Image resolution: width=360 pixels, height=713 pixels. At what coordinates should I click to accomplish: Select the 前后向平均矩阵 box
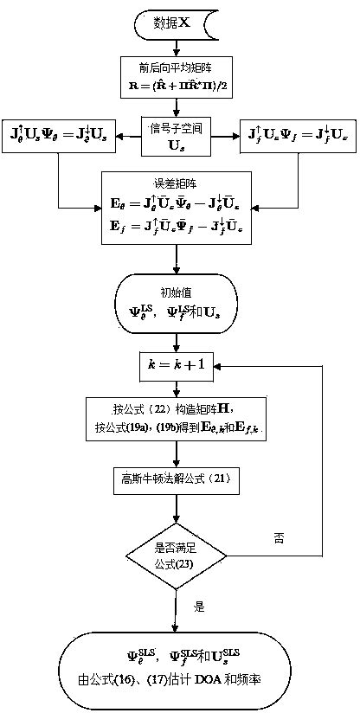pyautogui.click(x=178, y=79)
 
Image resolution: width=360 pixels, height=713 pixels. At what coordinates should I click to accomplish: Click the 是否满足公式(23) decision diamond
pyautogui.click(x=177, y=554)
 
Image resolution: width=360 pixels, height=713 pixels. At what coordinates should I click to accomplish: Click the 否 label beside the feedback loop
pyautogui.click(x=279, y=537)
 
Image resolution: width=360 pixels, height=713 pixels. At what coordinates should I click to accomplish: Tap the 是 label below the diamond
pyautogui.click(x=198, y=607)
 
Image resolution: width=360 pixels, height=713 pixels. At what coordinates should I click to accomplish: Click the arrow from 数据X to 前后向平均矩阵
pyautogui.click(x=177, y=48)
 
